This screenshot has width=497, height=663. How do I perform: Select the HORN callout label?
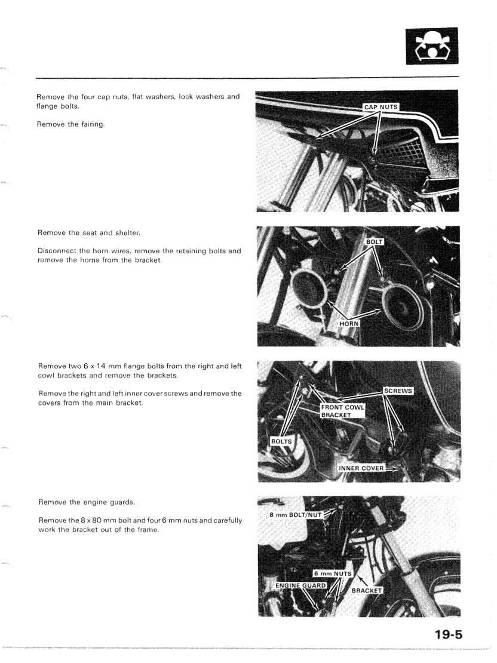[x=348, y=323]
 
